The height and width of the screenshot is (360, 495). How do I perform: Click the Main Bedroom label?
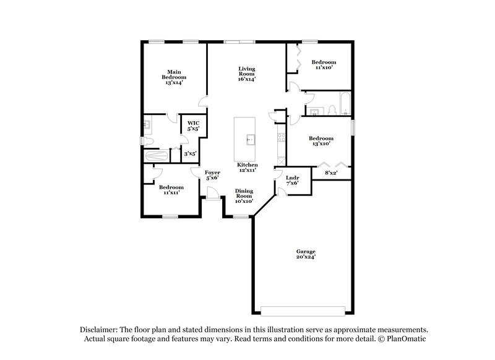click(x=174, y=77)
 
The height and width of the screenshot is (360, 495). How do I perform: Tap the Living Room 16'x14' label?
click(x=247, y=74)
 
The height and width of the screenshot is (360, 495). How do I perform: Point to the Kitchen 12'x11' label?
click(x=247, y=168)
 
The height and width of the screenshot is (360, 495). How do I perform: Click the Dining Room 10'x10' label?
click(x=243, y=196)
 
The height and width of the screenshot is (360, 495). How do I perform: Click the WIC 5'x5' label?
click(x=194, y=126)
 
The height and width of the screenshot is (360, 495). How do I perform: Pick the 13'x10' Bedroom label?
click(x=321, y=141)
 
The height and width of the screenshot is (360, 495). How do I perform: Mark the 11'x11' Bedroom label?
click(x=171, y=191)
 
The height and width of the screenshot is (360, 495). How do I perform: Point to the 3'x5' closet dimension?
click(x=190, y=153)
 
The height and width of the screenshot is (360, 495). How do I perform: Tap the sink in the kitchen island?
click(x=251, y=139)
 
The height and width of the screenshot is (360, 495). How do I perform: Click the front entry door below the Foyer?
click(x=213, y=198)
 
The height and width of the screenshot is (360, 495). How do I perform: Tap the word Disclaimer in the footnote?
click(x=99, y=330)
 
